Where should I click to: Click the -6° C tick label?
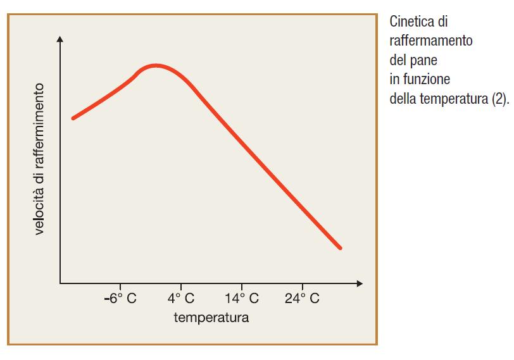tap(120, 299)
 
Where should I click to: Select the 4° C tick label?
tap(181, 299)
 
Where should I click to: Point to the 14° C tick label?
tap(242, 299)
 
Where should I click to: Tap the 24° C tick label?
tap(302, 299)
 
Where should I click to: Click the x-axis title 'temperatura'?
tap(211, 317)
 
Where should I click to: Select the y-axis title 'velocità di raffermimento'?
tap(40, 159)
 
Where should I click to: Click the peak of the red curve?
tap(156, 65)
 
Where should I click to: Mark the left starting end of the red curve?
tap(73, 118)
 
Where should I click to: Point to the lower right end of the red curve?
tap(341, 248)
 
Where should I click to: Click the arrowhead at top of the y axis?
tap(60, 39)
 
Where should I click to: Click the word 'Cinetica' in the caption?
tap(410, 22)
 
